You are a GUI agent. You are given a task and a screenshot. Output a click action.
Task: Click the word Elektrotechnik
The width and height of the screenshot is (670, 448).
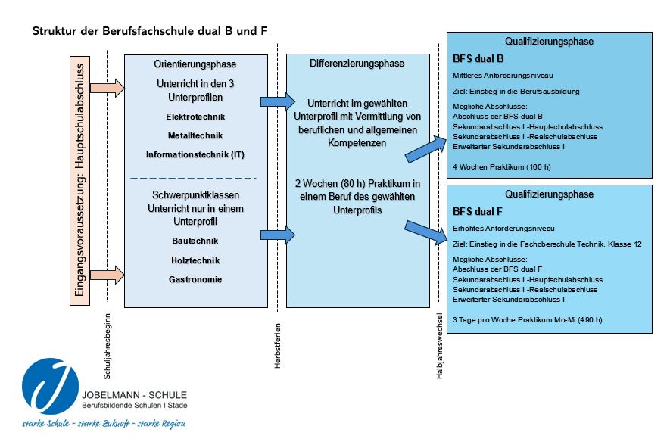coord(195,117)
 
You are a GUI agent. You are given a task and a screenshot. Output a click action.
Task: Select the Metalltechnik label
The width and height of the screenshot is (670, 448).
coord(195,136)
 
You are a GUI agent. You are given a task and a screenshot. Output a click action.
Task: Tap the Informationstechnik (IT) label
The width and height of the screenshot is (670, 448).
coord(195,155)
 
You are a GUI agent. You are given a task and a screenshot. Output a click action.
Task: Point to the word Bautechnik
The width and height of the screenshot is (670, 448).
coord(195,241)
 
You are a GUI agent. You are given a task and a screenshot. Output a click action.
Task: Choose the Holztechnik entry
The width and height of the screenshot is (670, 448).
coord(195,260)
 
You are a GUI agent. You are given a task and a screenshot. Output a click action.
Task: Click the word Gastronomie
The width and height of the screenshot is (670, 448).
coord(195,279)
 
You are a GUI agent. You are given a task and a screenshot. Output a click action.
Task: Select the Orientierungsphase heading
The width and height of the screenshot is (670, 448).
coord(195,65)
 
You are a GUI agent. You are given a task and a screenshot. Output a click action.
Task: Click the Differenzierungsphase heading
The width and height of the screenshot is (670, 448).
coord(357,64)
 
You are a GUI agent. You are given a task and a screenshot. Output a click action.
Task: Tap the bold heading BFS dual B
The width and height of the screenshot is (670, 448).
coord(478,58)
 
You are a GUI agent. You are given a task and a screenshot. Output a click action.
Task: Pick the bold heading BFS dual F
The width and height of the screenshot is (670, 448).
coord(478,211)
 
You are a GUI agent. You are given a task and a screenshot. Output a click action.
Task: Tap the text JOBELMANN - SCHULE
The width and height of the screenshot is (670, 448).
coord(133,395)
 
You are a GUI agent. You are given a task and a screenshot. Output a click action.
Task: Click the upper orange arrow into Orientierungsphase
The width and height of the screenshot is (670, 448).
coord(106,88)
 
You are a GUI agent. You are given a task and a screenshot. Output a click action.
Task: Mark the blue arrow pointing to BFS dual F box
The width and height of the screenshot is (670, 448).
coord(426,232)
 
